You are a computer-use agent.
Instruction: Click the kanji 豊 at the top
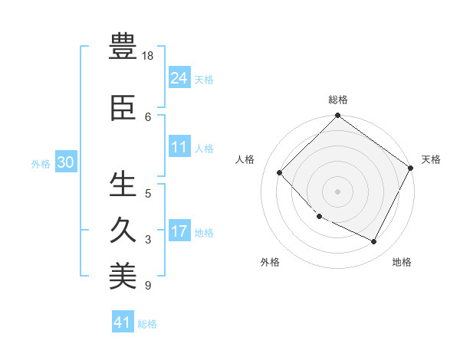[123, 47]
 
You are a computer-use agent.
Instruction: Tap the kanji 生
[123, 184]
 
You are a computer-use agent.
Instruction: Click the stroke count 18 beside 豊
[149, 57]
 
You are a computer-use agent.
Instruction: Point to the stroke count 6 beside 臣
[148, 116]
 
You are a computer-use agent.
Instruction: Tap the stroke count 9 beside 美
[148, 286]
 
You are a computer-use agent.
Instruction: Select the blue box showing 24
[179, 77]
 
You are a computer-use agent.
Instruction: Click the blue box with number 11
[179, 147]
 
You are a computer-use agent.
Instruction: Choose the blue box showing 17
[179, 231]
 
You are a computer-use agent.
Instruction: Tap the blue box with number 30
[65, 162]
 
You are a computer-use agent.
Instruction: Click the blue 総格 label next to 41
[147, 324]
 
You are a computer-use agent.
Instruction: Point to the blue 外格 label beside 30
[41, 163]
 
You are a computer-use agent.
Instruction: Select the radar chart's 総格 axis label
[337, 100]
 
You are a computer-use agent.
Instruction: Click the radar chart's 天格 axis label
[431, 159]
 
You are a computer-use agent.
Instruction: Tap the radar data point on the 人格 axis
[280, 172]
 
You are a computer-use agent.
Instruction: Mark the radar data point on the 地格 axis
[373, 242]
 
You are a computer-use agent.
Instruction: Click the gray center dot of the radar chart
[337, 191]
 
